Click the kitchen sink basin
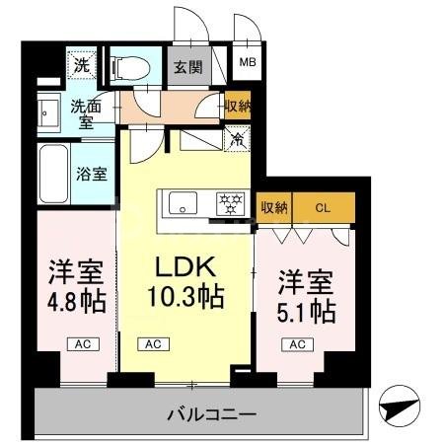tap(185, 205)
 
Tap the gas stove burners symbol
tap(233, 205)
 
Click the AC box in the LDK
tap(153, 344)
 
